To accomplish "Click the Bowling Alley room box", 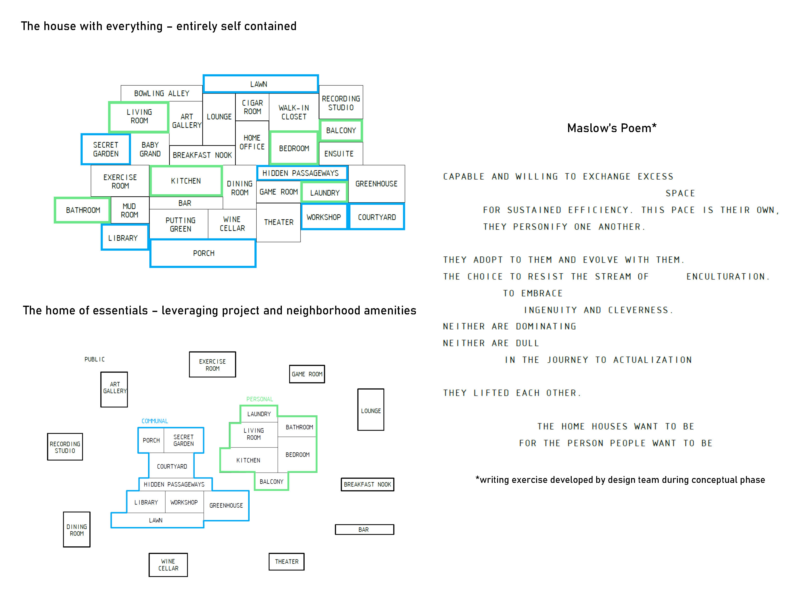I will pos(161,94).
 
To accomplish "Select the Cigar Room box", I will pos(252,107).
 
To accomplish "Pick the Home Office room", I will pos(252,142).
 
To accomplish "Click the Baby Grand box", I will pos(150,149).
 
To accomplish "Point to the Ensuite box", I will pos(339,154).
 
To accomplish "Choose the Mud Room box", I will pos(129,210).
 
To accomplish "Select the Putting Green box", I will pos(181,224).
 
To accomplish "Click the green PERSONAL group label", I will pos(259,399).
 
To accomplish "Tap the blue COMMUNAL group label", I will pos(155,421).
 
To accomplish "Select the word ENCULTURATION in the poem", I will pos(727,277).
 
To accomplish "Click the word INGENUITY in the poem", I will pos(550,310).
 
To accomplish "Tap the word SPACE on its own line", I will pos(680,193).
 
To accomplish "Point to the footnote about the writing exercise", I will pos(620,480).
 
